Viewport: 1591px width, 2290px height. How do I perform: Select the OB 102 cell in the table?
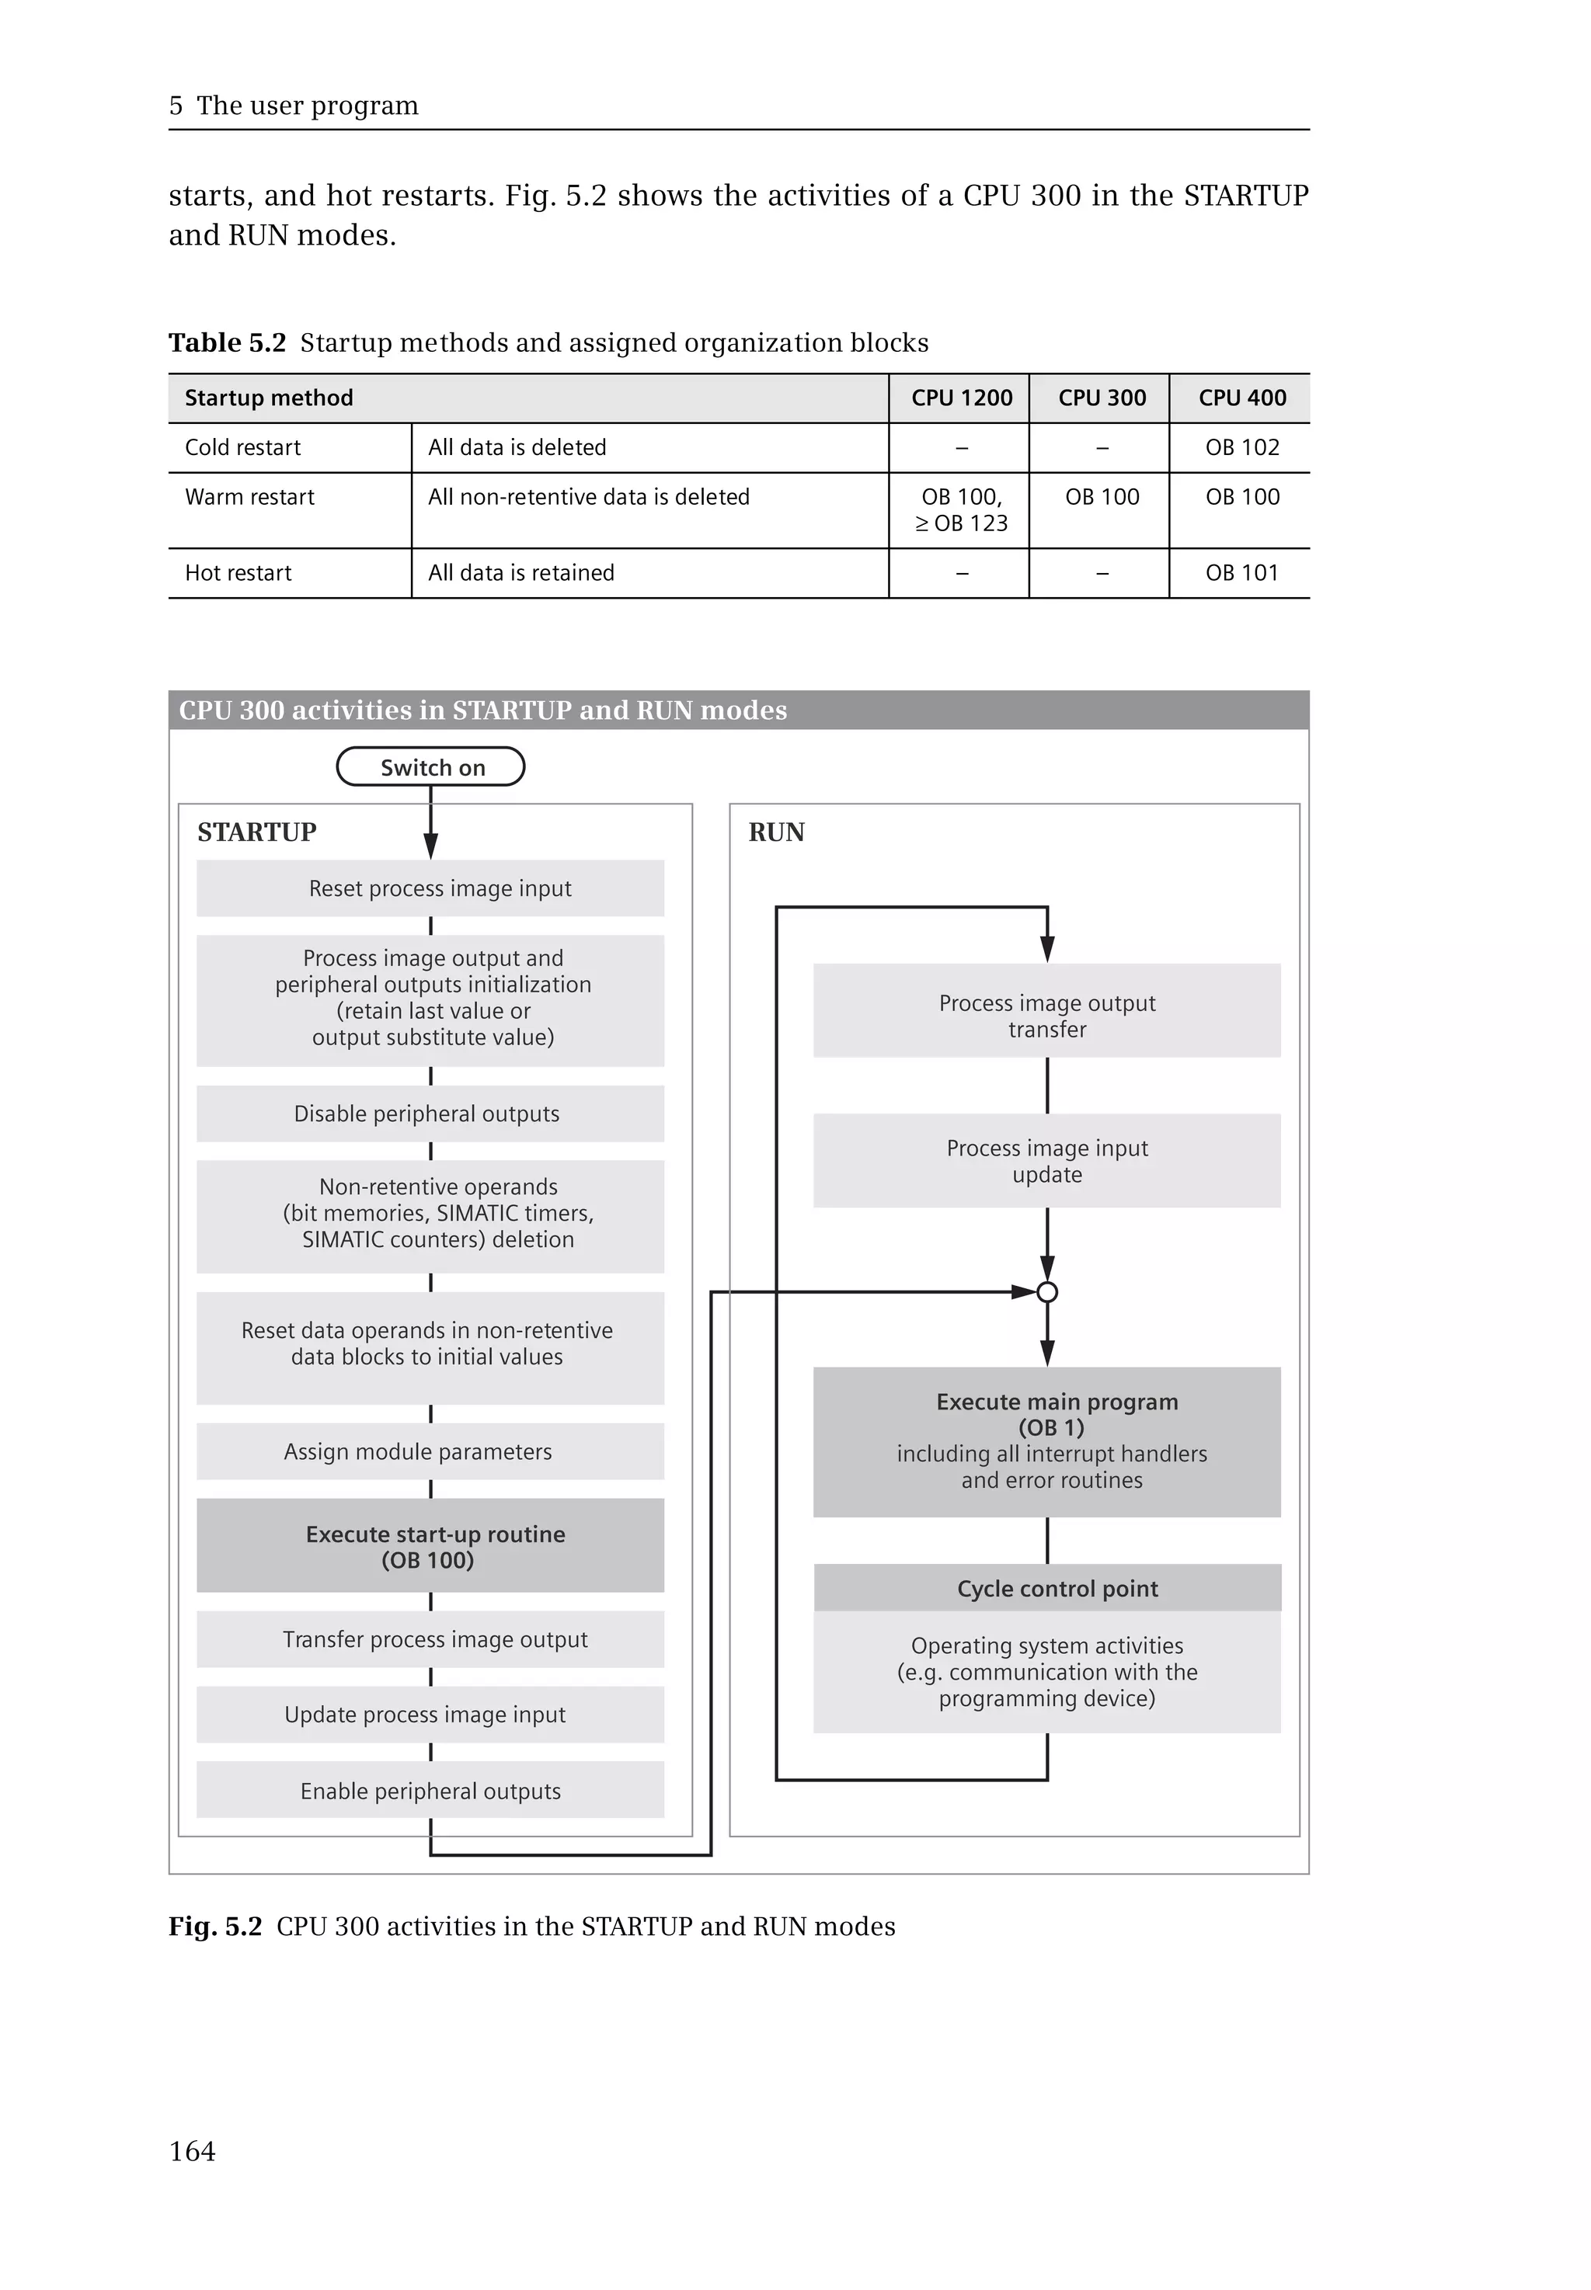(1241, 447)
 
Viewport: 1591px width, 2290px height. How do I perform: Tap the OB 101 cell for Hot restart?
(1241, 573)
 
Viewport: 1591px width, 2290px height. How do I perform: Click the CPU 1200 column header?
(961, 398)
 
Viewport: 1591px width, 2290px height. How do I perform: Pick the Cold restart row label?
(243, 447)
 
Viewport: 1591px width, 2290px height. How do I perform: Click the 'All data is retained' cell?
(521, 573)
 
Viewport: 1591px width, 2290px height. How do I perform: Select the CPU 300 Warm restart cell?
(1102, 497)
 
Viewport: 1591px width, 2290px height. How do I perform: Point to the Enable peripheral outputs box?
(430, 1791)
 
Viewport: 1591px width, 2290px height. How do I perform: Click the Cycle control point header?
(1046, 1589)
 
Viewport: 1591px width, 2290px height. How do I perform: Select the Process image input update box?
(1046, 1161)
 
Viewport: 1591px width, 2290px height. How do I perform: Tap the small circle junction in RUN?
(1046, 1292)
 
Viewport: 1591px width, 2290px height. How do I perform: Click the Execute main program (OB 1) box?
(1046, 1441)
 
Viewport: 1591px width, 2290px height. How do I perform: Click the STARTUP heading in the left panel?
(257, 832)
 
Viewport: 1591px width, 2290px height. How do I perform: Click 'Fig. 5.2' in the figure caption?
(215, 1927)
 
